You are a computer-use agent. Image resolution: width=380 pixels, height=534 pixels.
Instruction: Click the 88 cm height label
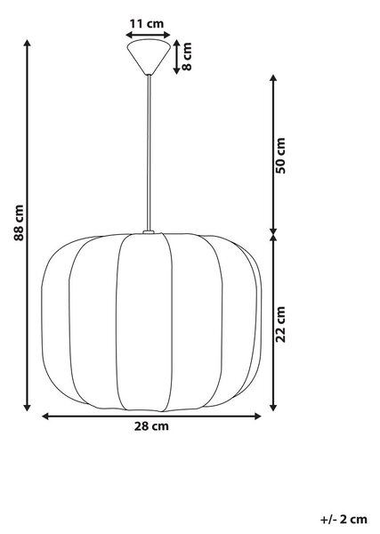19,222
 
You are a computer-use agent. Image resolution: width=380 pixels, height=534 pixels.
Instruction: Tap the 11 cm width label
147,24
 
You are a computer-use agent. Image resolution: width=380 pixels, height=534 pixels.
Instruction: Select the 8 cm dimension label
187,56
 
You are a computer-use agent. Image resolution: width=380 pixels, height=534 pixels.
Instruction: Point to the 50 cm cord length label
281,156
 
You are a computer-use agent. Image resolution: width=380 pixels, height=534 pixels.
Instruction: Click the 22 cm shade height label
281,324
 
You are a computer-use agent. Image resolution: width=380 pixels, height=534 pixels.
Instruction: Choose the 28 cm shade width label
151,426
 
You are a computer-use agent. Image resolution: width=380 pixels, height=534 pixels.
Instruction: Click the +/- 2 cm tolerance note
344,520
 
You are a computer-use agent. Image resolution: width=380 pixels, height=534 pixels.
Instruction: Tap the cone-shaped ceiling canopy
149,57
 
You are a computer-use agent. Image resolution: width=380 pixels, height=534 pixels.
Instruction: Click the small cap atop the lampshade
149,232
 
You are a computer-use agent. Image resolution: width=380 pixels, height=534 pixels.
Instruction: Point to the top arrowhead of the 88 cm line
28,43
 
